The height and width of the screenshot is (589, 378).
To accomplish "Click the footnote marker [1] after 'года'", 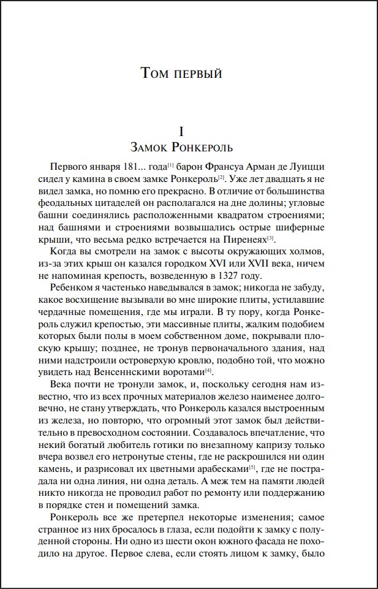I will tap(172, 165).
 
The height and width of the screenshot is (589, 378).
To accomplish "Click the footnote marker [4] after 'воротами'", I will tap(209, 371).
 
